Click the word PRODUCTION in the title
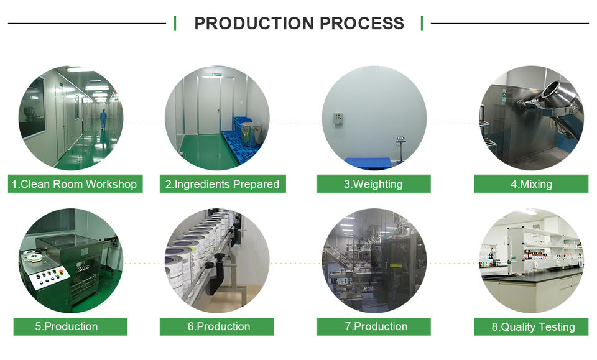pos(254,24)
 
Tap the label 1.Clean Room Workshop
pos(75,184)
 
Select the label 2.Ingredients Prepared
pos(223,184)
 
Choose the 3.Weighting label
pos(373,184)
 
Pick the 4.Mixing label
pos(530,184)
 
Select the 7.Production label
pos(373,326)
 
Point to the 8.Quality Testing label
pos(530,326)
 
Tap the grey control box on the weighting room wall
pos(338,119)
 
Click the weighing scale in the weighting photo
pos(400,147)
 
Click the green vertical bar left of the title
pos(175,24)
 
